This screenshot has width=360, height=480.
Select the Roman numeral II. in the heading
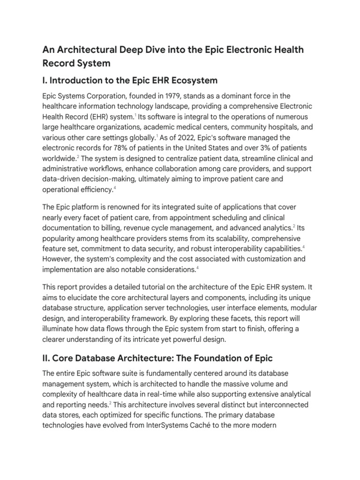pyautogui.click(x=47, y=359)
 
